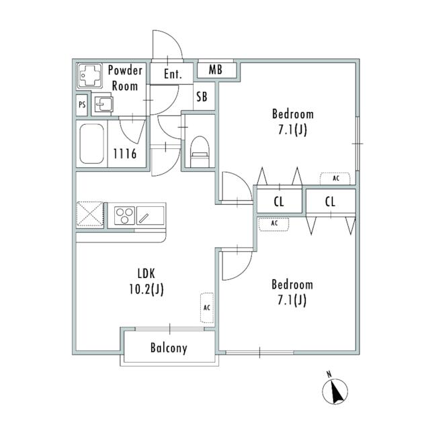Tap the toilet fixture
click(200, 152)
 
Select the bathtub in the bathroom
click(92, 144)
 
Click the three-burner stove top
click(124, 216)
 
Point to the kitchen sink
click(150, 216)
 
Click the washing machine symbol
click(89, 76)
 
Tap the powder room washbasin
click(103, 104)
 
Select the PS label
click(82, 105)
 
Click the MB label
click(216, 70)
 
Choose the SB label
click(202, 97)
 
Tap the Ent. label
click(173, 74)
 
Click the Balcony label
click(169, 348)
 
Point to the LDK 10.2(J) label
click(146, 281)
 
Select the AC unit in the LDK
click(207, 307)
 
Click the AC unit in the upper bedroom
click(335, 179)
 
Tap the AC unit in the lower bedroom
click(274, 224)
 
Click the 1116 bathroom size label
click(125, 154)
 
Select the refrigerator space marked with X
click(90, 215)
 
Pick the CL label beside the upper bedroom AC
click(330, 202)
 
